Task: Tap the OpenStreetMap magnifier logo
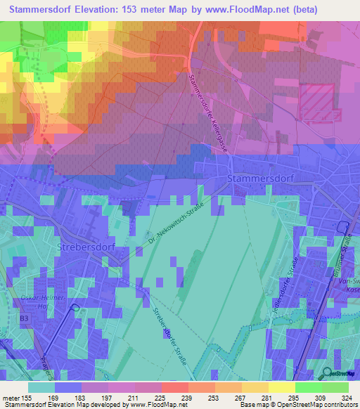tap(328, 372)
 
